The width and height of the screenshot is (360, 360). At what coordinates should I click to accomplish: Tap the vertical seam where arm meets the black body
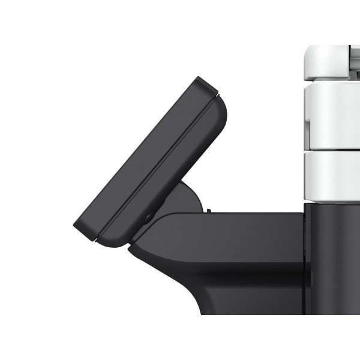pos(304,240)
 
